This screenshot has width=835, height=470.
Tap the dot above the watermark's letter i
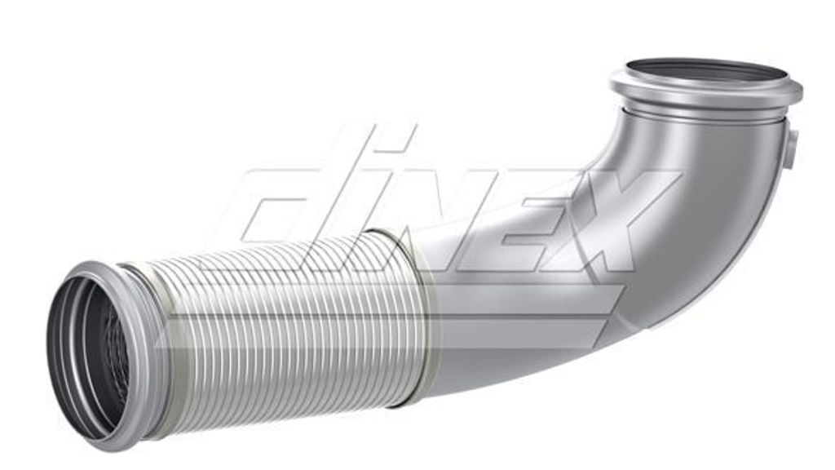pyautogui.click(x=389, y=139)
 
